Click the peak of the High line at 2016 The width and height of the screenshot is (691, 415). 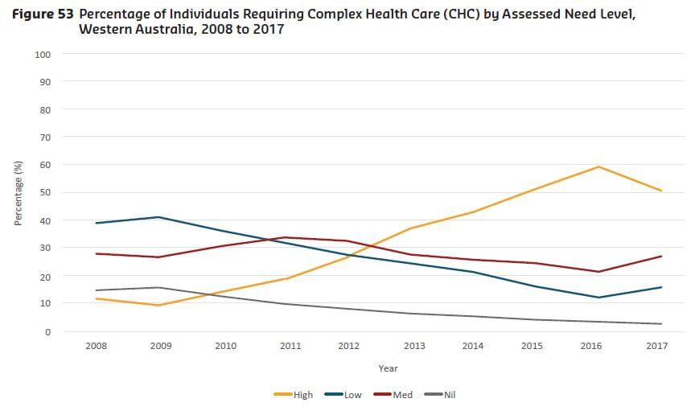coord(598,166)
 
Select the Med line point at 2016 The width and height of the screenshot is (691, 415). coord(598,272)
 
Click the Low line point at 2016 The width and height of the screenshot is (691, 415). coord(598,298)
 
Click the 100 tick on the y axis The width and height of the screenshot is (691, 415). coord(43,54)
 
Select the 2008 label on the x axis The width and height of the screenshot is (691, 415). coord(97,346)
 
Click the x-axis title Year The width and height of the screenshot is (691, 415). coord(389,368)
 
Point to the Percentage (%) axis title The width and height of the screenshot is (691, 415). coord(18,193)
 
